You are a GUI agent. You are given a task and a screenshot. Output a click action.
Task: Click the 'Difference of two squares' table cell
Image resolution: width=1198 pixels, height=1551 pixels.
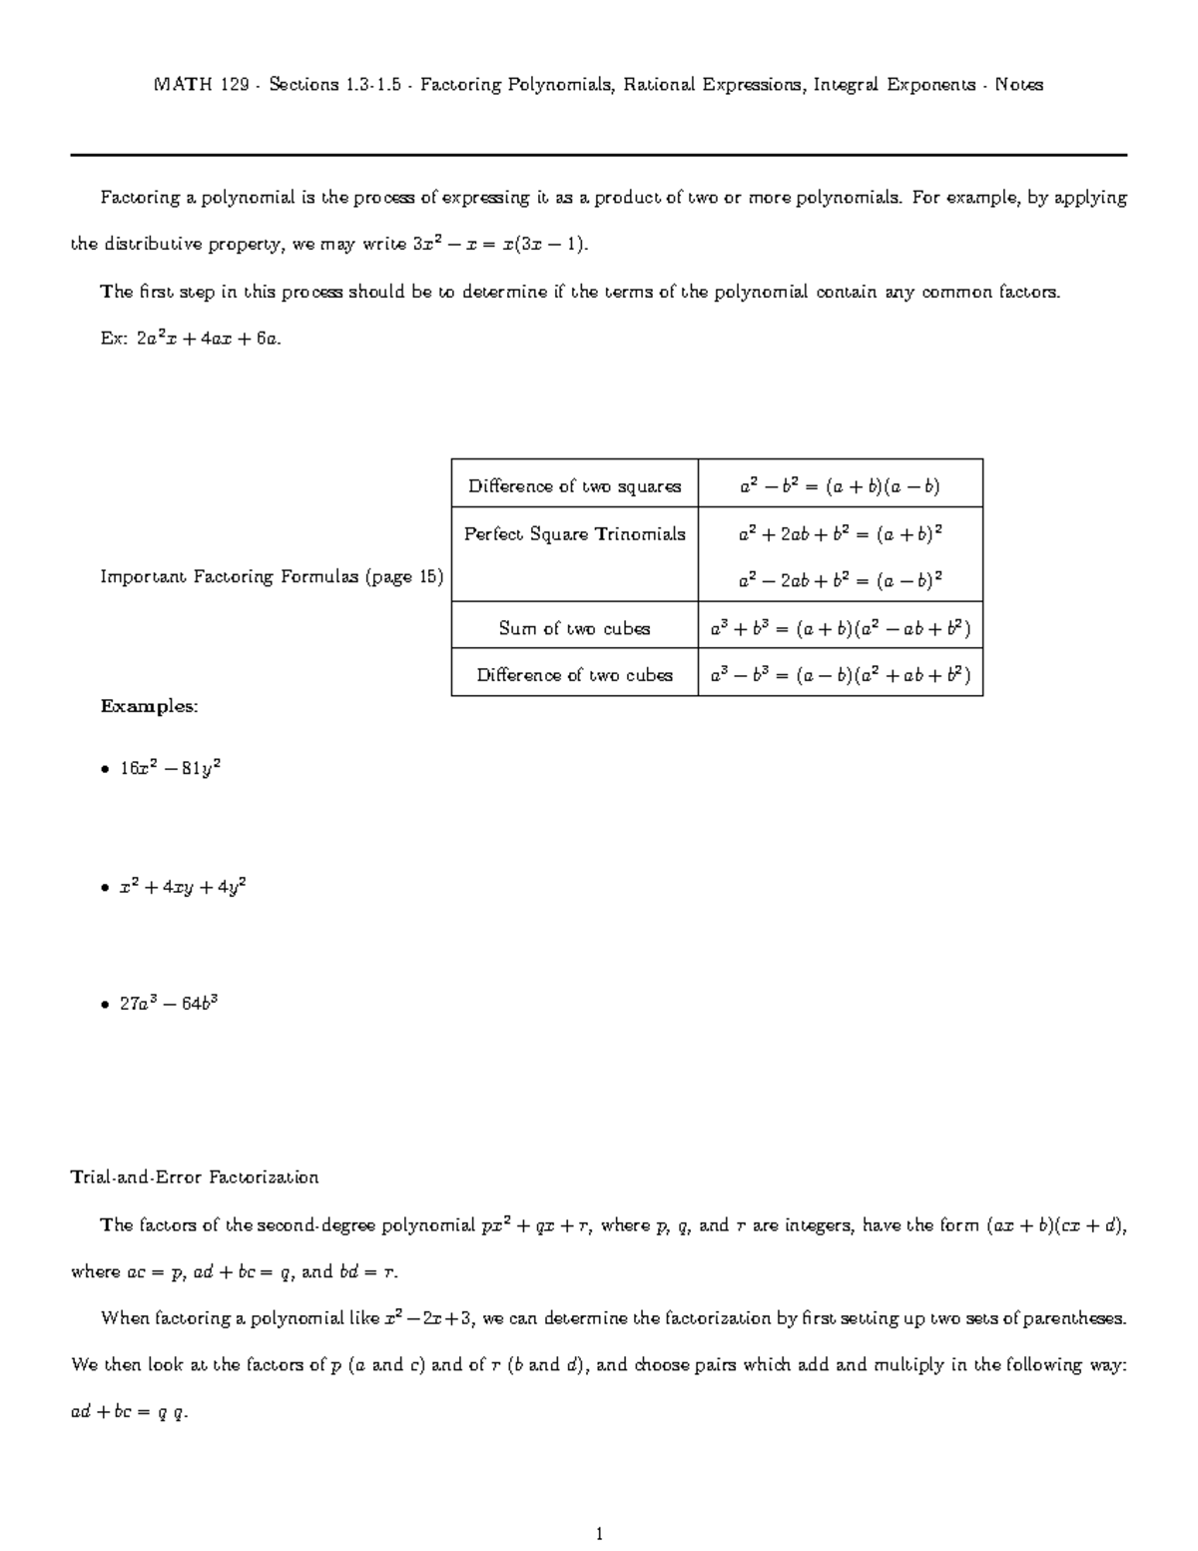pyautogui.click(x=574, y=486)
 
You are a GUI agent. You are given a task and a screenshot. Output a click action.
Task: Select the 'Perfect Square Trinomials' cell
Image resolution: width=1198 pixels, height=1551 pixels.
pyautogui.click(x=574, y=534)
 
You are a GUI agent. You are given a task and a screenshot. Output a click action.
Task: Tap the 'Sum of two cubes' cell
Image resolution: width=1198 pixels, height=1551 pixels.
pyautogui.click(x=574, y=628)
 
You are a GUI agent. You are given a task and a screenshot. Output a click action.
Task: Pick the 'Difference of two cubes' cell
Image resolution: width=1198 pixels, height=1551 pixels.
pyautogui.click(x=574, y=675)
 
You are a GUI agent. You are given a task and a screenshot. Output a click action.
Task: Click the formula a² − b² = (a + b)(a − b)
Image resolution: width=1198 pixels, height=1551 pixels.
pyautogui.click(x=840, y=486)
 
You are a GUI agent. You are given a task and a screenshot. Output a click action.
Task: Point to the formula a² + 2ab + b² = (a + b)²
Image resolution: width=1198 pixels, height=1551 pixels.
pyautogui.click(x=840, y=534)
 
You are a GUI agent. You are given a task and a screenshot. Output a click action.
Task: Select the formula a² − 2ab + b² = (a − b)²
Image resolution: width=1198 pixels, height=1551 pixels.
pyautogui.click(x=840, y=580)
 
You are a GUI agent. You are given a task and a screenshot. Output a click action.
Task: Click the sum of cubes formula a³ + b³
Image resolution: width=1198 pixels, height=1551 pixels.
pyautogui.click(x=840, y=628)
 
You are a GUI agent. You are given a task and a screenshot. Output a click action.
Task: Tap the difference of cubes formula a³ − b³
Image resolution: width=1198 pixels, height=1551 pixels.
pyautogui.click(x=840, y=675)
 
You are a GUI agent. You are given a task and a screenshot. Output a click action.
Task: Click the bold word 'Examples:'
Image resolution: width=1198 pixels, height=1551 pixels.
pyautogui.click(x=150, y=706)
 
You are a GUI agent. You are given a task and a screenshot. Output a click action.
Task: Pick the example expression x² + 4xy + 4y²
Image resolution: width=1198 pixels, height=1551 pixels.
pyautogui.click(x=183, y=886)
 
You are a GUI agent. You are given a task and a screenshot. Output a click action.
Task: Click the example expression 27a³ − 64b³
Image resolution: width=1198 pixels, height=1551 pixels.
pyautogui.click(x=169, y=1003)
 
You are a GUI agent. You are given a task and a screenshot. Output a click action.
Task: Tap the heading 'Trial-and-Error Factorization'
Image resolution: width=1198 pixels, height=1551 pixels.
pyautogui.click(x=195, y=1176)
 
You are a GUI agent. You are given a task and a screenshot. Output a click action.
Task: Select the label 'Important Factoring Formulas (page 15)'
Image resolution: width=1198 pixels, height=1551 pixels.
pyautogui.click(x=272, y=577)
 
